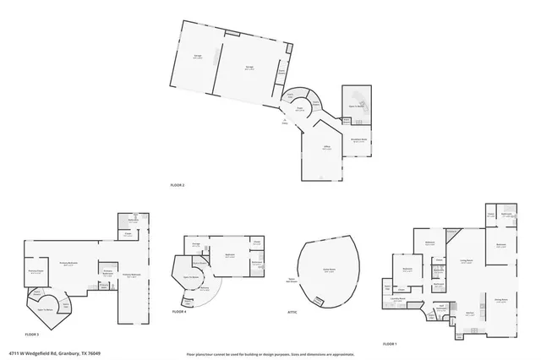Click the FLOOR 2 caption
[x=177, y=183]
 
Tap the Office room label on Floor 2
[x=325, y=147]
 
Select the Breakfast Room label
[x=358, y=139]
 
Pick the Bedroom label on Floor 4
[x=229, y=256]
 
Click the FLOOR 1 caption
[x=390, y=344]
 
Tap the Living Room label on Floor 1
[x=466, y=262]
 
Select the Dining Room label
[x=500, y=300]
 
